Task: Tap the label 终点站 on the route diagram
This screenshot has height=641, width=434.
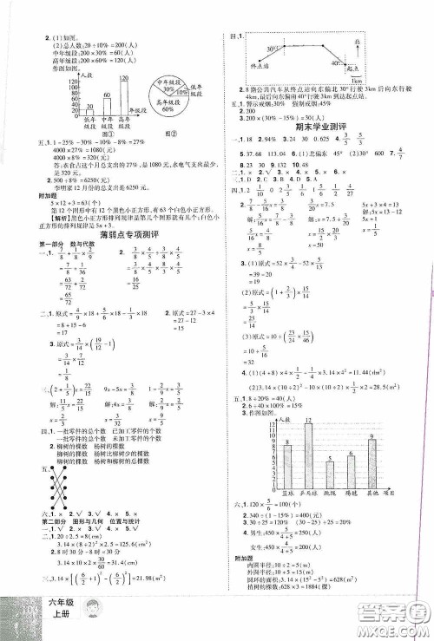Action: point(255,65)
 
